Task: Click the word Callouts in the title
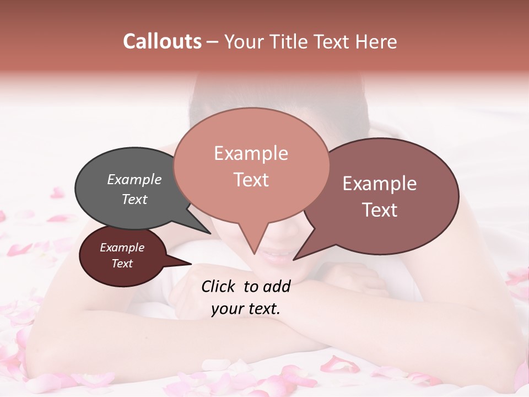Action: pyautogui.click(x=162, y=41)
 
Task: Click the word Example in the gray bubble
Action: pyautogui.click(x=134, y=180)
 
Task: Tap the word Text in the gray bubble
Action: pyautogui.click(x=134, y=199)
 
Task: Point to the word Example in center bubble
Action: pyautogui.click(x=251, y=153)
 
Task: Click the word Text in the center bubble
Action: pyautogui.click(x=251, y=180)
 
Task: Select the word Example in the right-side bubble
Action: pyautogui.click(x=380, y=184)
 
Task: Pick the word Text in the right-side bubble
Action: pyautogui.click(x=380, y=210)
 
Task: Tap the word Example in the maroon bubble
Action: pyautogui.click(x=122, y=248)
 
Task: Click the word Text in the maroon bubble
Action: pyautogui.click(x=122, y=264)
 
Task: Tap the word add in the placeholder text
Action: pyautogui.click(x=277, y=286)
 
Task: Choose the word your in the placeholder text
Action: pyautogui.click(x=226, y=309)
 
